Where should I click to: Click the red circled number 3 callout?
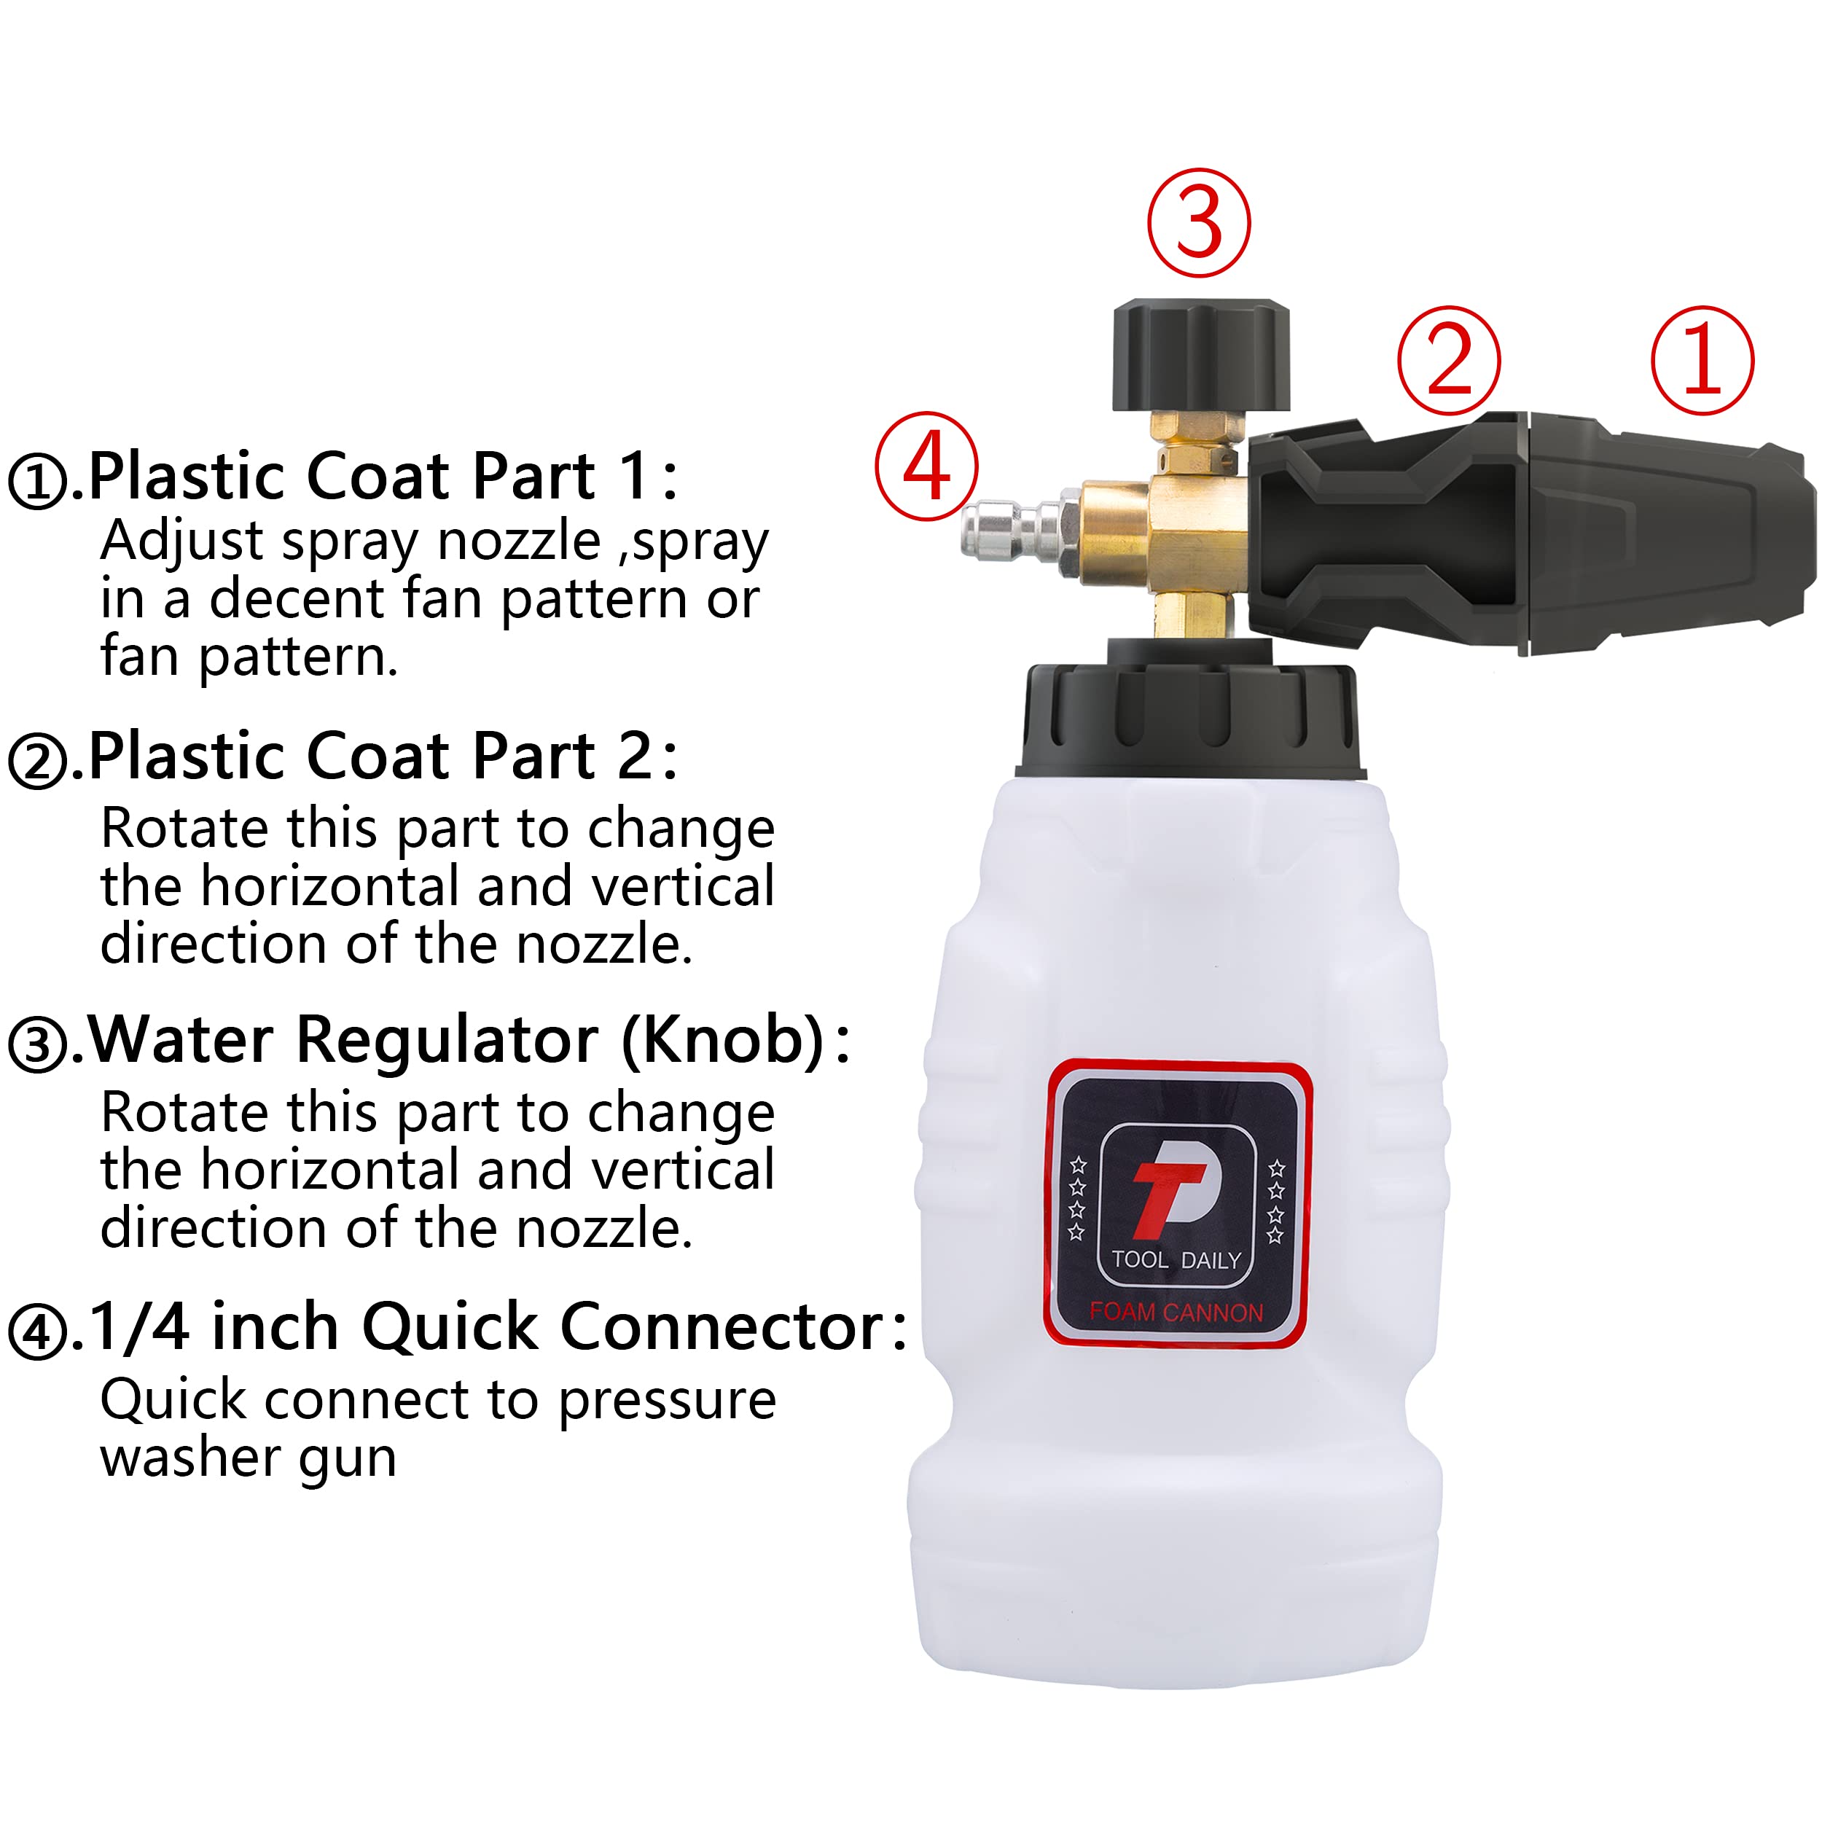1199,224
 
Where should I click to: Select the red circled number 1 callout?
1702,359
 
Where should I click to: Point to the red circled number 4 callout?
927,466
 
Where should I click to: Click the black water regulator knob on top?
1200,356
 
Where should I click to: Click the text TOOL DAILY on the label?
1176,1261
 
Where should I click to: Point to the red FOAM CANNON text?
1176,1313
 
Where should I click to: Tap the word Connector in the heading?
722,1328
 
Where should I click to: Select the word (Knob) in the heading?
725,1041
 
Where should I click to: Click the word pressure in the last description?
667,1399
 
